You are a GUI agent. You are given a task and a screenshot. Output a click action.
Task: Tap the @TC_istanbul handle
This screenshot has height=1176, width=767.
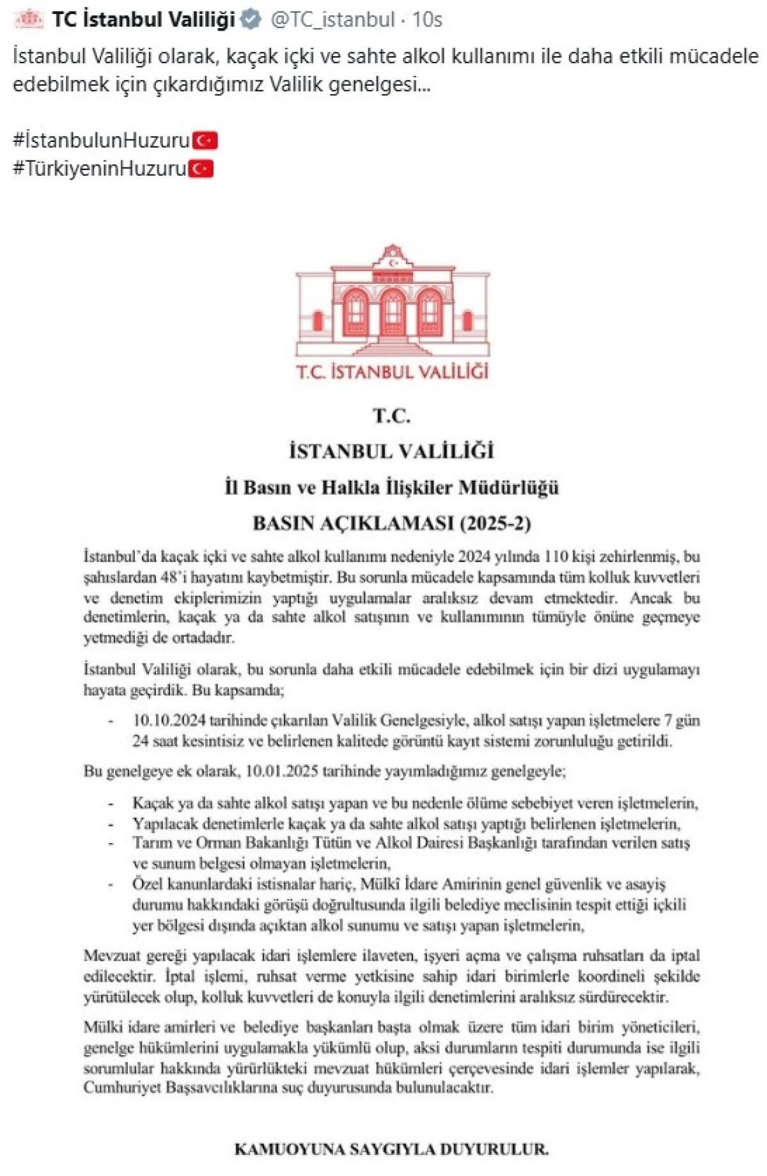332,20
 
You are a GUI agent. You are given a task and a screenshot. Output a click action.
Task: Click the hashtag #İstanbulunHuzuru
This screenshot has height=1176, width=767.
101,140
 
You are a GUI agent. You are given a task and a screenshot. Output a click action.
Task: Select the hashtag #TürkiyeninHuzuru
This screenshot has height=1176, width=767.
99,169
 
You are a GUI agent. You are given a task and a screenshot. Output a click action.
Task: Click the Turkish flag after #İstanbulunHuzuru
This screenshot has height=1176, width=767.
205,140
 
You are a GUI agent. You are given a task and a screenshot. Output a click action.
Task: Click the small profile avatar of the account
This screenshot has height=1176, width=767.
29,20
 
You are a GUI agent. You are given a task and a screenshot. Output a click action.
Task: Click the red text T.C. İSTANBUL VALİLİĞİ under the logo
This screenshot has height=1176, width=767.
392,372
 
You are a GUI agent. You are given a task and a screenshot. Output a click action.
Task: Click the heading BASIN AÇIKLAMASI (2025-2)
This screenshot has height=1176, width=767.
392,523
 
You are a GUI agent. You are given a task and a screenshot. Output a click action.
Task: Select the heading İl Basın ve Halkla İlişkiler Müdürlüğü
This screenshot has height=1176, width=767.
392,488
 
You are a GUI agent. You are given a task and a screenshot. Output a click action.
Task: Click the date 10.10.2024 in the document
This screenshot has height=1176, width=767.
169,720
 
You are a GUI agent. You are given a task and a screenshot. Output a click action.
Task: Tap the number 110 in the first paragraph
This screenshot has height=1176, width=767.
555,557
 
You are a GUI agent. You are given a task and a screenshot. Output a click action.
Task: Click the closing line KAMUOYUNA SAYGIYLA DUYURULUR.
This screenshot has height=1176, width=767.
392,1149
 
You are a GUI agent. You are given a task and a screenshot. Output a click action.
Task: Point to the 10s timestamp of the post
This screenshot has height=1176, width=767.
427,20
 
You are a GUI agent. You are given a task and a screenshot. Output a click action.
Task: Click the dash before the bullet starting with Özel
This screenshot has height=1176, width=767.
111,885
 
